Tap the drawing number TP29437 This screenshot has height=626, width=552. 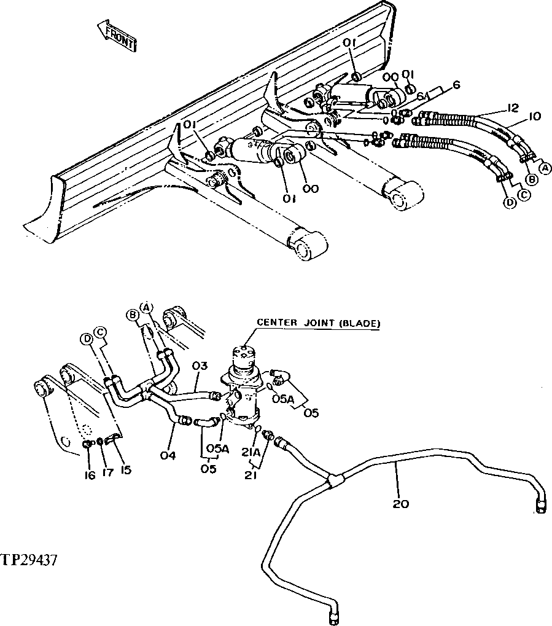(x=30, y=560)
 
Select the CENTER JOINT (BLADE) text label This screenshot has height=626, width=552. (x=318, y=323)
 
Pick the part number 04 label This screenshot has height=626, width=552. (x=168, y=455)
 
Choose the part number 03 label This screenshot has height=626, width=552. (x=201, y=367)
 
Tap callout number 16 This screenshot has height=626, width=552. (x=90, y=475)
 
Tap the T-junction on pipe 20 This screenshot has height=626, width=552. (x=333, y=480)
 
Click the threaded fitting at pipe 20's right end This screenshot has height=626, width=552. (x=541, y=505)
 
